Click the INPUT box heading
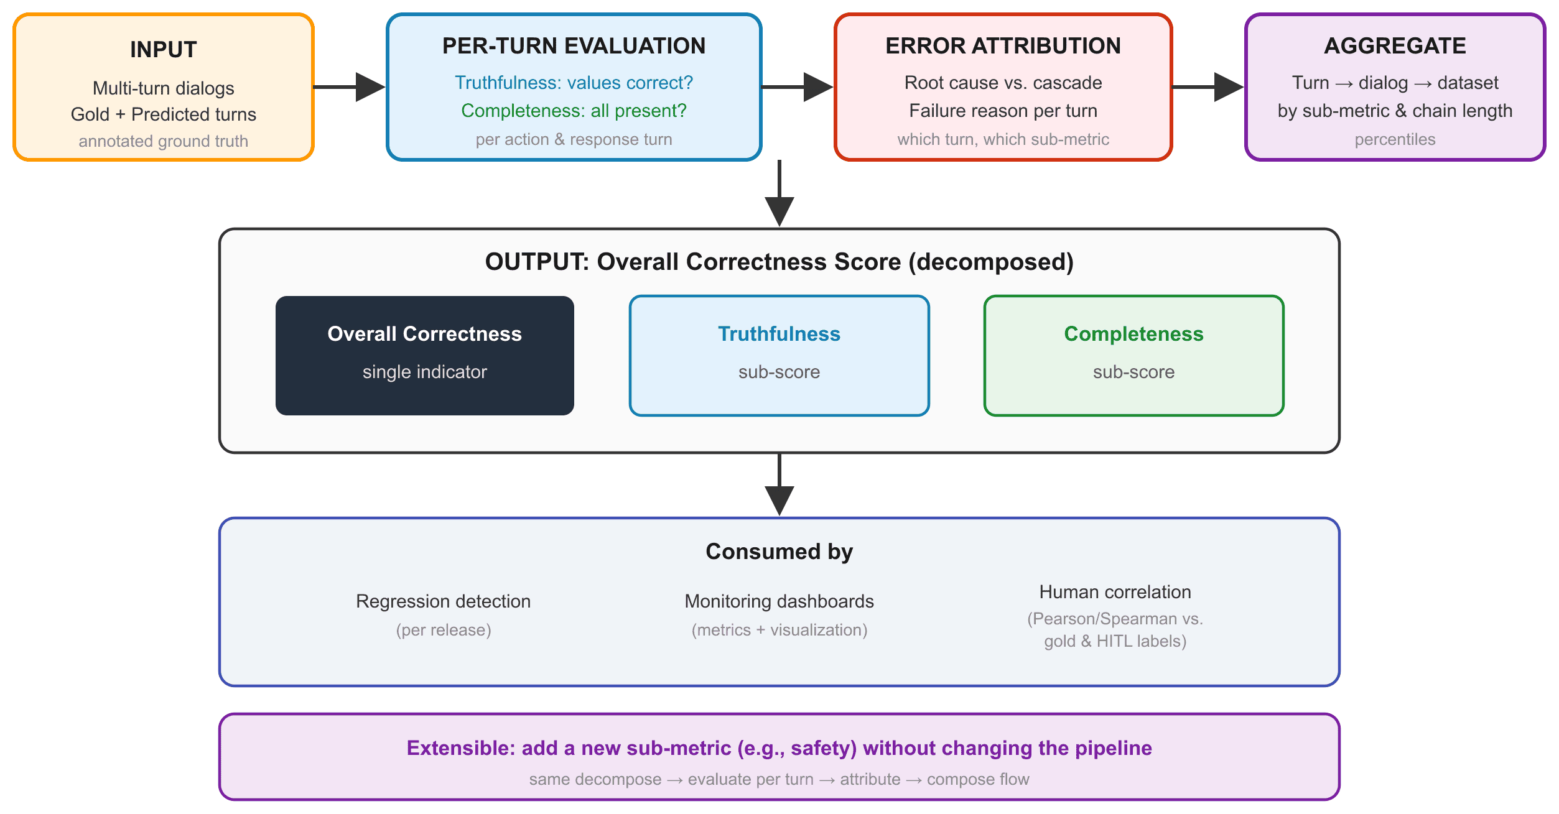164,50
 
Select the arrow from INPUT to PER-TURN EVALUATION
349,87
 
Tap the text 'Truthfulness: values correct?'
574,83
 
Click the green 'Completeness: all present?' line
574,111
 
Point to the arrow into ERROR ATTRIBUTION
798,87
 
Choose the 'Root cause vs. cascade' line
1003,83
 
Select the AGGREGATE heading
1395,46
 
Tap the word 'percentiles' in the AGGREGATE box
1395,139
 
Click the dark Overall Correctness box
425,356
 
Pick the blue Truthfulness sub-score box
779,356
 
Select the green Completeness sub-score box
1134,356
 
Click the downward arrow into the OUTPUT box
779,193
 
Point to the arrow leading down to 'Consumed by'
779,484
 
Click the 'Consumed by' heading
779,552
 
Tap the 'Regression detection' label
444,601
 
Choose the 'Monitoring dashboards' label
779,601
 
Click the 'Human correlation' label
1115,592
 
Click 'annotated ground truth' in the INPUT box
164,141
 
